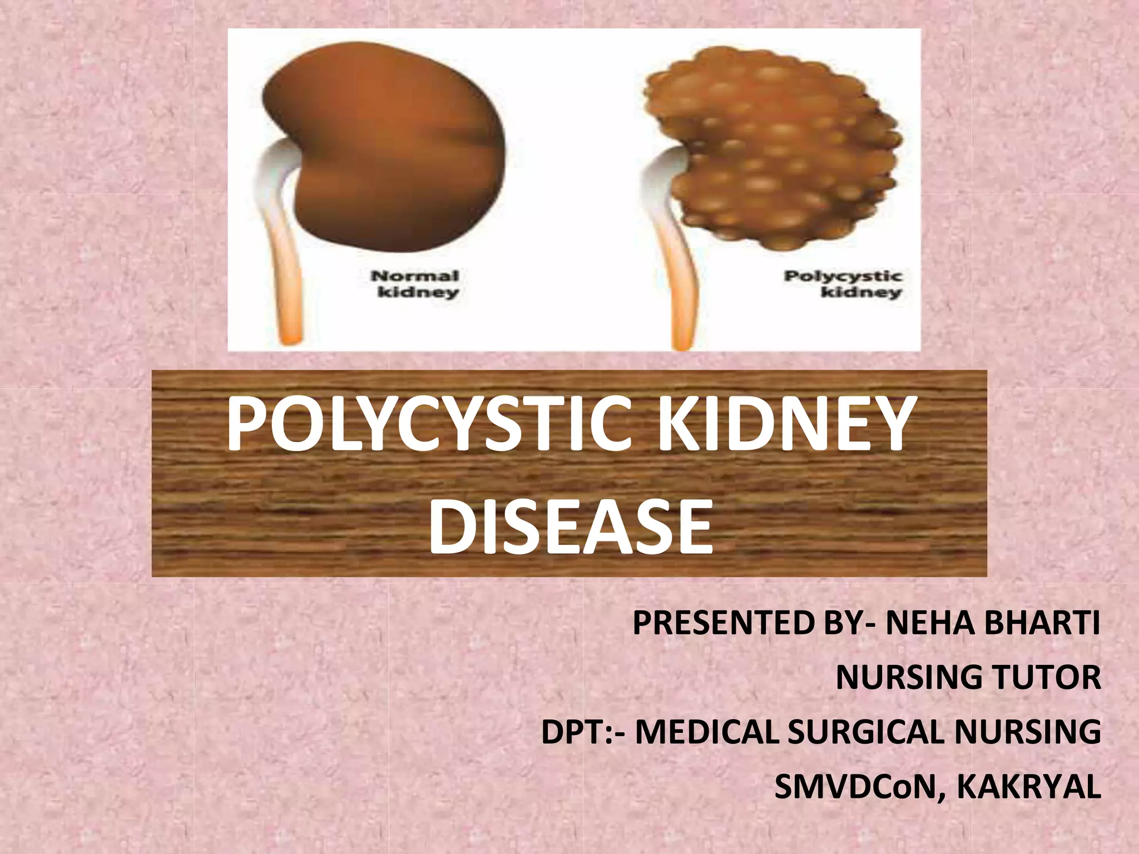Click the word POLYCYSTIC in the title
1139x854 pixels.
[x=428, y=424]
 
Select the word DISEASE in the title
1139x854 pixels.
[x=571, y=527]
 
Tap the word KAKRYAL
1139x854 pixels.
[x=1028, y=787]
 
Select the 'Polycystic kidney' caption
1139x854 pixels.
[x=843, y=284]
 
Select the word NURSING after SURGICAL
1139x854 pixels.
[x=1028, y=732]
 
